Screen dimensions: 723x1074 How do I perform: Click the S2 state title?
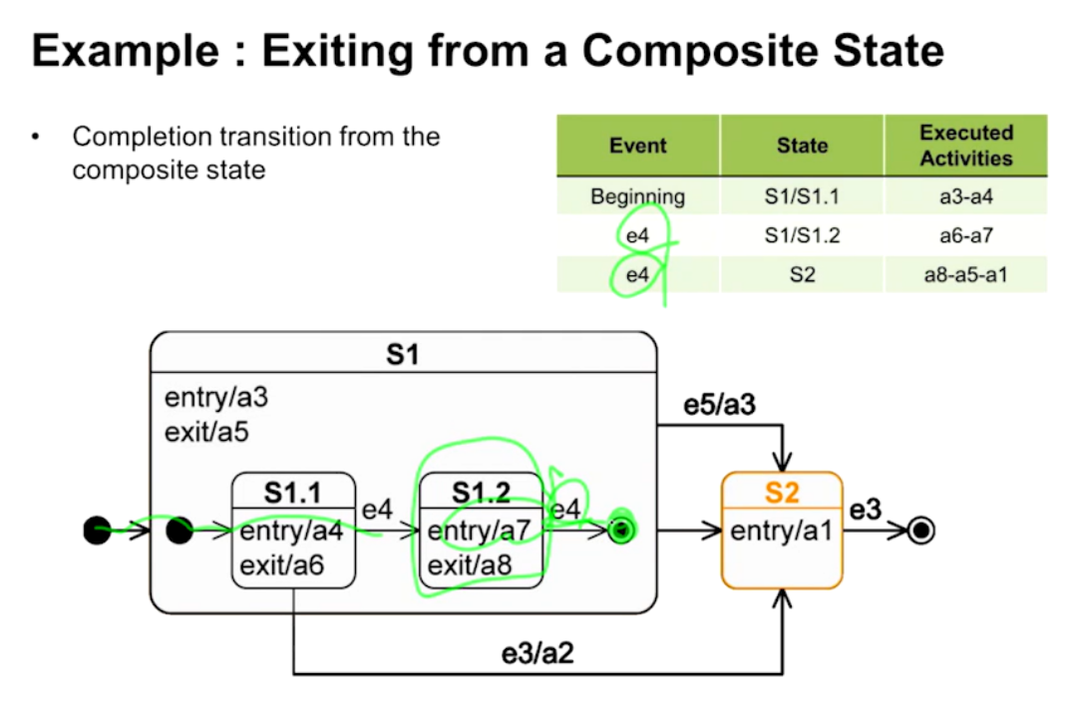coord(783,492)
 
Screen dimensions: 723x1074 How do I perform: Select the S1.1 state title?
coord(293,492)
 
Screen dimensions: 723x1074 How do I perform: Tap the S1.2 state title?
coord(482,492)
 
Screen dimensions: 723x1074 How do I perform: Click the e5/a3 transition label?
coord(719,406)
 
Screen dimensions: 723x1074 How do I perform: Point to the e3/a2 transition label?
coord(537,654)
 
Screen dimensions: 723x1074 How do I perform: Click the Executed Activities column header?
coord(965,146)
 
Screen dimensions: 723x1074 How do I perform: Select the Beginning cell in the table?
coord(637,196)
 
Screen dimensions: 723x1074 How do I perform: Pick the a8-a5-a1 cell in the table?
coord(965,273)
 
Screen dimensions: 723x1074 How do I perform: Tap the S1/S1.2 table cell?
coord(802,235)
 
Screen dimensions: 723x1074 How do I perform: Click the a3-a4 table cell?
coord(965,196)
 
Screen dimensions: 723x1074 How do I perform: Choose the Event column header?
coord(637,146)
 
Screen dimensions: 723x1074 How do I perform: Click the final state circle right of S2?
coord(922,532)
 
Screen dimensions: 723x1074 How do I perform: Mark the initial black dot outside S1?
coord(97,532)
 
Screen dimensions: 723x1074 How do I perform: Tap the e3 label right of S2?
coord(865,510)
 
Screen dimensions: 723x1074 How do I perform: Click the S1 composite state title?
coord(402,354)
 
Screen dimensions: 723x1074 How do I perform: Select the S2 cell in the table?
coord(802,273)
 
